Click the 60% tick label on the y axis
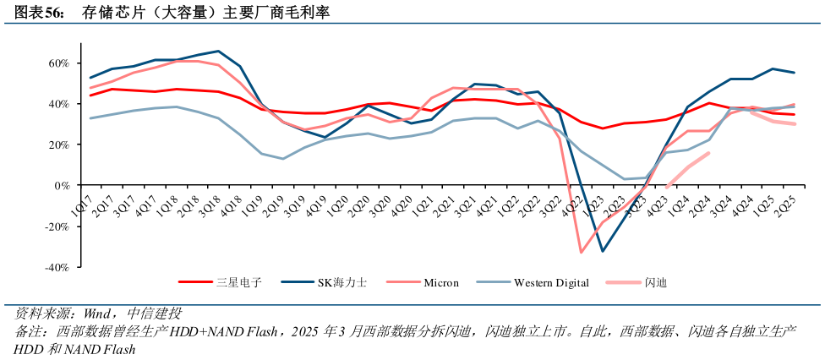click(x=58, y=63)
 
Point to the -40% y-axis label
click(x=56, y=267)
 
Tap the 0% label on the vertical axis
click(x=63, y=186)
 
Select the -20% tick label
click(x=56, y=226)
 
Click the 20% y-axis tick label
click(x=58, y=145)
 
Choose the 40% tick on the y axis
click(x=58, y=104)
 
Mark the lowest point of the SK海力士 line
click(x=603, y=251)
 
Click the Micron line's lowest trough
click(x=582, y=252)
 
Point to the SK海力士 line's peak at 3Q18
click(x=219, y=52)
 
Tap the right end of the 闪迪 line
click(x=708, y=153)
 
